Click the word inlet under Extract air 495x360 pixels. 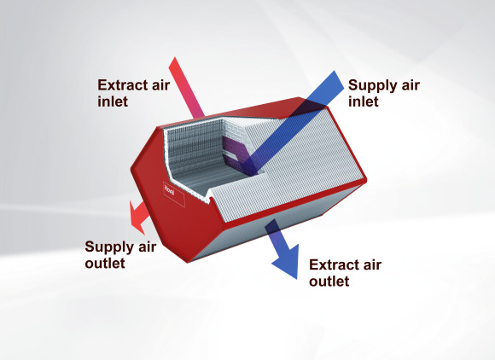113,102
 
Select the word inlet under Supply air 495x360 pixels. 364,102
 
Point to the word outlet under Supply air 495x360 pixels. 105,263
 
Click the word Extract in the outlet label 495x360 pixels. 335,265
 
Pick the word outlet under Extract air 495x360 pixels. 329,282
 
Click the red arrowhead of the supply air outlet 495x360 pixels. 137,218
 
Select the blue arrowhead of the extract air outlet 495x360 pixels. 287,261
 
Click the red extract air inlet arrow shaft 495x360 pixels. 187,87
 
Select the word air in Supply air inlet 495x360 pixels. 411,86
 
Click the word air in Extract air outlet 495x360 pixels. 374,265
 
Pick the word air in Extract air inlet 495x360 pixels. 162,85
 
